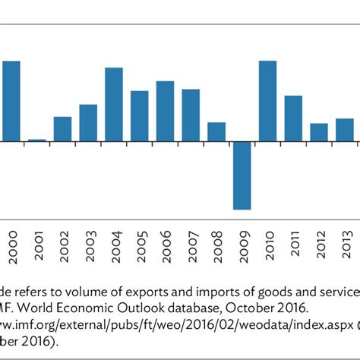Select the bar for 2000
tap(11, 101)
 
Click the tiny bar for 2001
tap(36, 140)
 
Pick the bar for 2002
tap(62, 129)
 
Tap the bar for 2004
tap(114, 105)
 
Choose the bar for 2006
tap(166, 111)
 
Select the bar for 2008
tap(216, 132)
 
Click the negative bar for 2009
tap(242, 175)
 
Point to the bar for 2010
tap(268, 101)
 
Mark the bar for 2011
tap(294, 118)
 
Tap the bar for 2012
tap(319, 132)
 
